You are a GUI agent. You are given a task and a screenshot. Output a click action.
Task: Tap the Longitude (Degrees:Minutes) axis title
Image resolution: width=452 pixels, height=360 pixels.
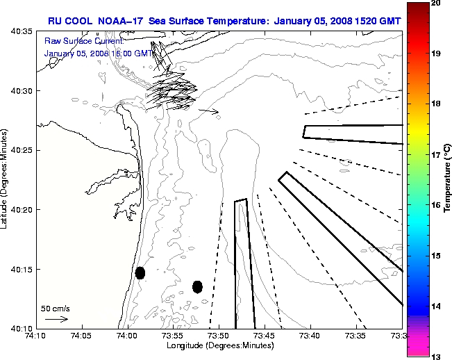pos(219,345)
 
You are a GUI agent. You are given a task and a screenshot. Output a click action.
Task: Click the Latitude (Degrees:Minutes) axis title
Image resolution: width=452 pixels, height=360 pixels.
pos(6,179)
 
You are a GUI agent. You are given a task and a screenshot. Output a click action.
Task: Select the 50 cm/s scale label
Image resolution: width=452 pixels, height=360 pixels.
pos(54,308)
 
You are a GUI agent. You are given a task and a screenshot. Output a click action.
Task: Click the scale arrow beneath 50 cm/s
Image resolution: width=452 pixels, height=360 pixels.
pos(56,319)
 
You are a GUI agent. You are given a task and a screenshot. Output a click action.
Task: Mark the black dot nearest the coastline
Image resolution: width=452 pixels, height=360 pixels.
pos(140,272)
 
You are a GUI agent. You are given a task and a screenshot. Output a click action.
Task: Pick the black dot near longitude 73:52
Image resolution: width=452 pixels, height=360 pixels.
pos(197,286)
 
